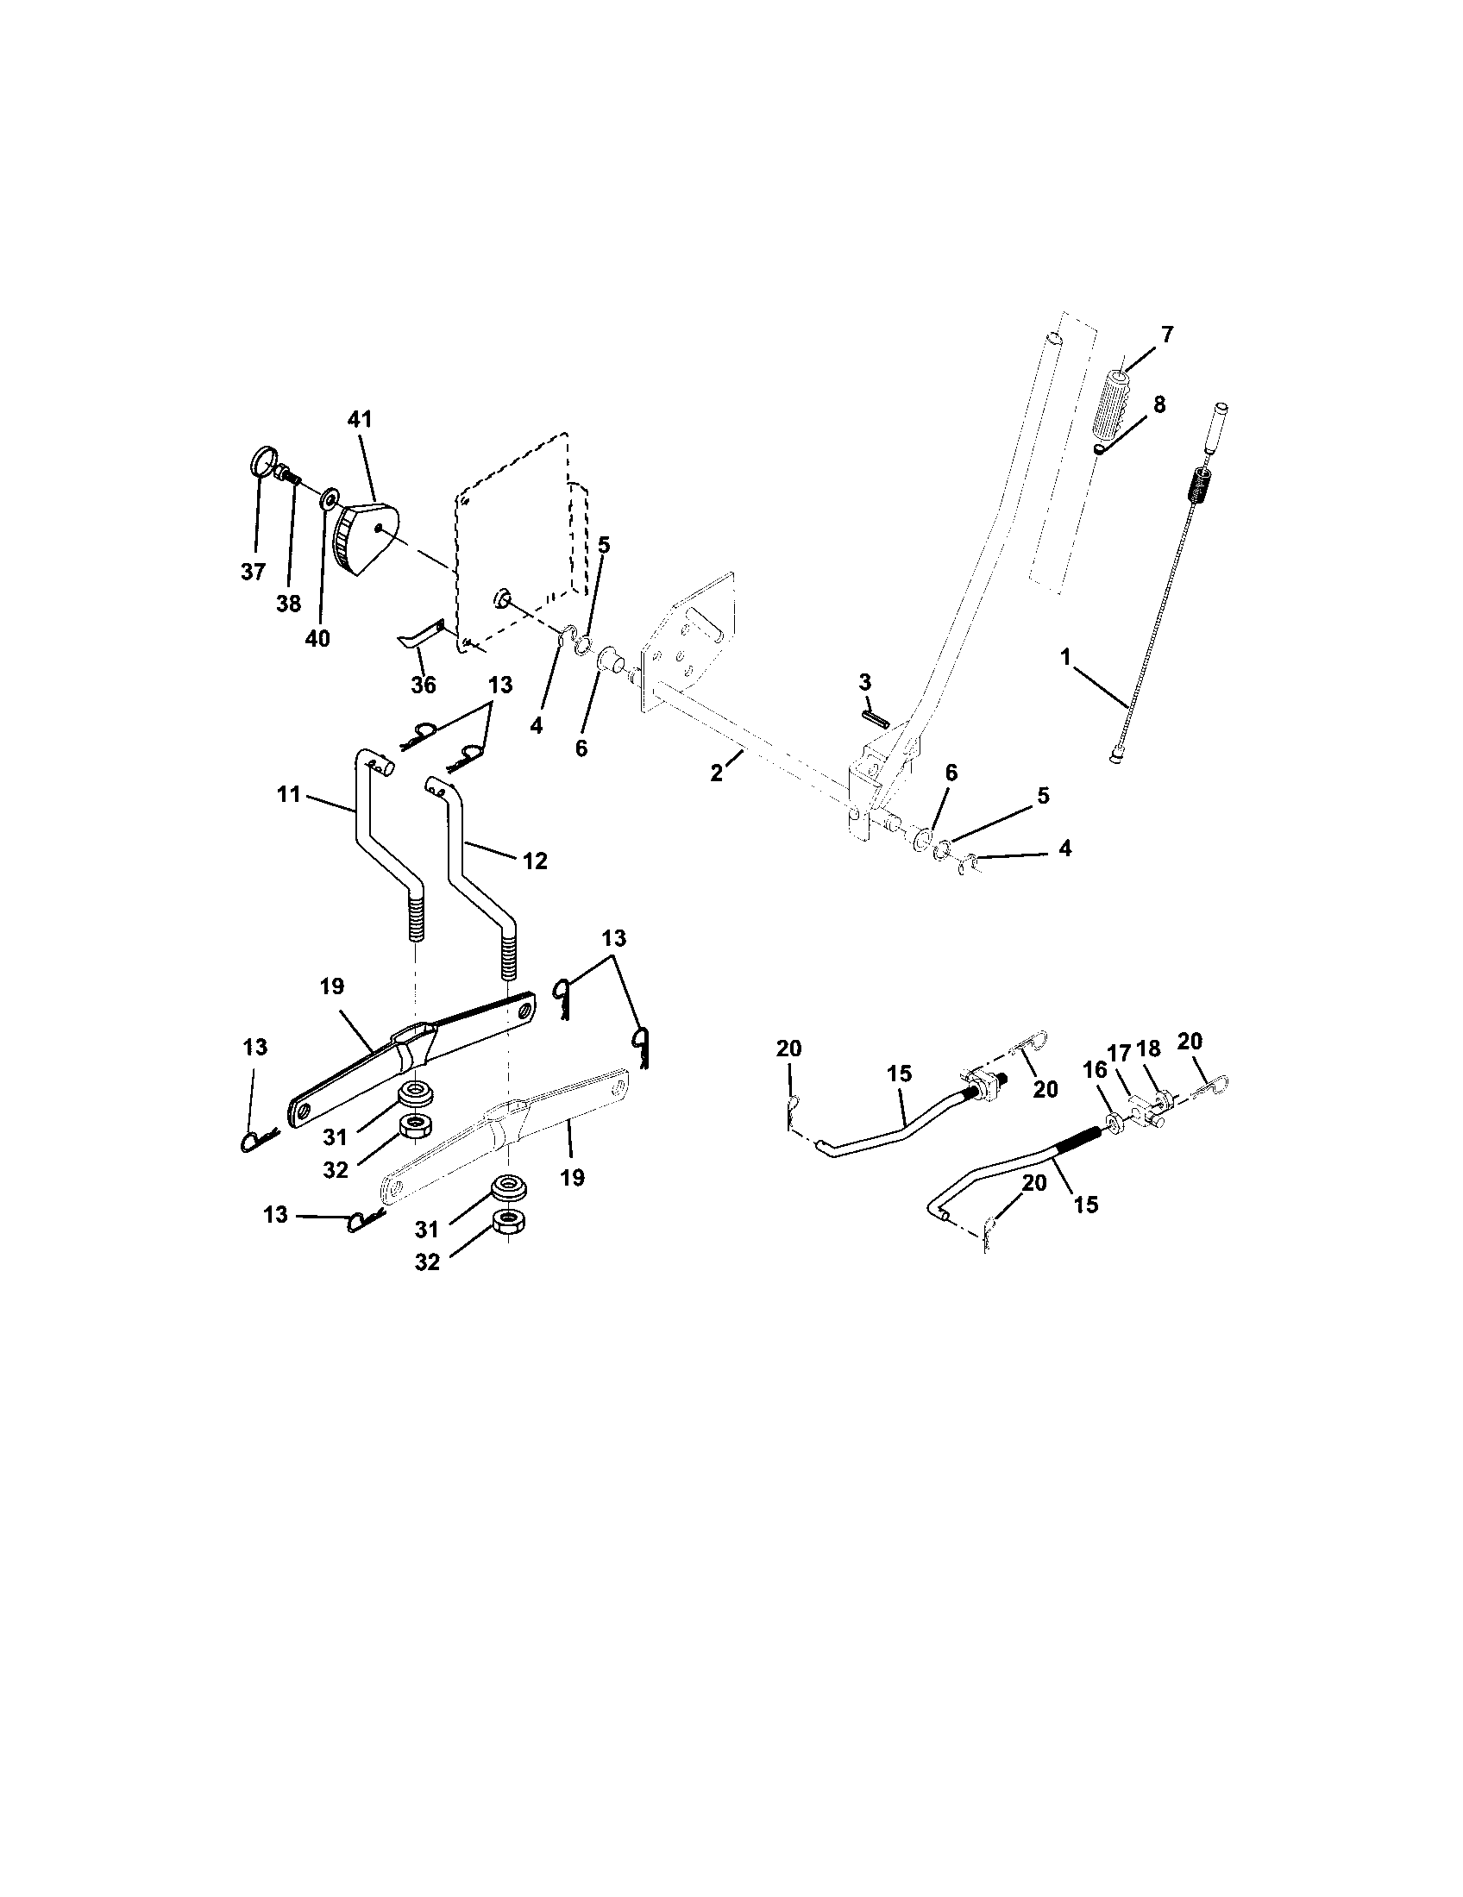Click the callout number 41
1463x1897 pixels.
(x=359, y=420)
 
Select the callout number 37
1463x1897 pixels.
(x=253, y=572)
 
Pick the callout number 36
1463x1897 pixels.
(x=423, y=685)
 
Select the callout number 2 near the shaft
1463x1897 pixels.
(x=716, y=773)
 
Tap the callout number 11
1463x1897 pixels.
(x=288, y=793)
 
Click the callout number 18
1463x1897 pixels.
(x=1148, y=1049)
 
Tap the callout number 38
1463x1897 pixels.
(x=288, y=604)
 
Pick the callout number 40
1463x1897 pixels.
(x=318, y=638)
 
